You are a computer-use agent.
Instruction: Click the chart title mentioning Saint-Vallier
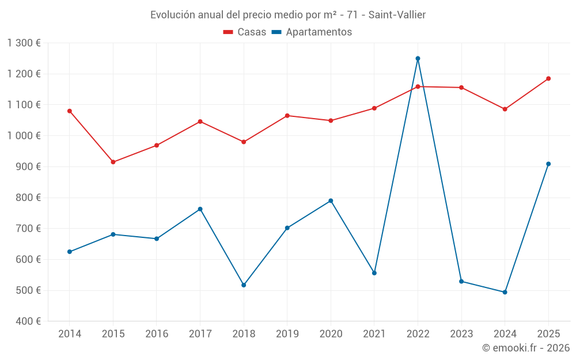[x=288, y=14]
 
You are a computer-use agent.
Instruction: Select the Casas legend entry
[x=245, y=32]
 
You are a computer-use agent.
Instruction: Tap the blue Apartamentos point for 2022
[x=418, y=58]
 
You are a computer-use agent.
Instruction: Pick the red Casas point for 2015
[x=113, y=162]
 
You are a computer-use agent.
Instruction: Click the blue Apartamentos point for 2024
[x=505, y=292]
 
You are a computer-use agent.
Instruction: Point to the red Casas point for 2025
[x=548, y=78]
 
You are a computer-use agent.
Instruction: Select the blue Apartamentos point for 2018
[x=244, y=285]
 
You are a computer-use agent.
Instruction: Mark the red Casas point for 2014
[x=70, y=111]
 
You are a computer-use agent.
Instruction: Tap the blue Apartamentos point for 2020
[x=331, y=200]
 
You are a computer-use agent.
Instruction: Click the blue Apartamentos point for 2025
[x=548, y=164]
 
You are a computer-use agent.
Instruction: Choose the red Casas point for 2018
[x=244, y=142]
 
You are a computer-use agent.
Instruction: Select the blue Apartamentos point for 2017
[x=200, y=209]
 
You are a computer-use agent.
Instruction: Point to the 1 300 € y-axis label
[x=24, y=43]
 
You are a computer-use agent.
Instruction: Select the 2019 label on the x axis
[x=287, y=334]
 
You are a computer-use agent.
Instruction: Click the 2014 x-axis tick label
[x=70, y=334]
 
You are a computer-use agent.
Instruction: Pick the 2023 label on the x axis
[x=461, y=334]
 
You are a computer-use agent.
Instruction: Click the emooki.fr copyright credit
[x=525, y=348]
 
